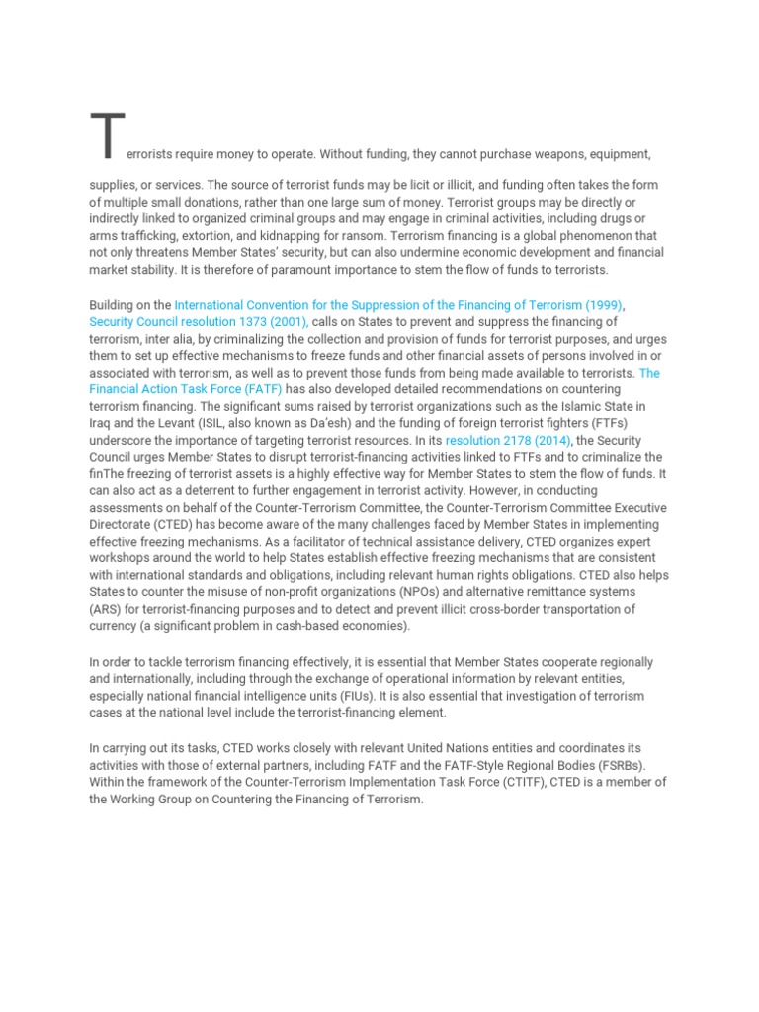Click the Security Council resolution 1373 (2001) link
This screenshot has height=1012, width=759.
pos(199,322)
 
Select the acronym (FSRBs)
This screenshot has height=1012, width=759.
pos(610,765)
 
